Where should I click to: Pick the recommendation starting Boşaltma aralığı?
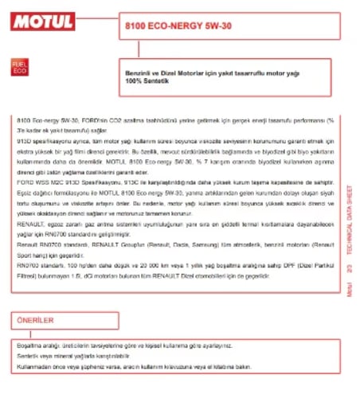tap(119, 347)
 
